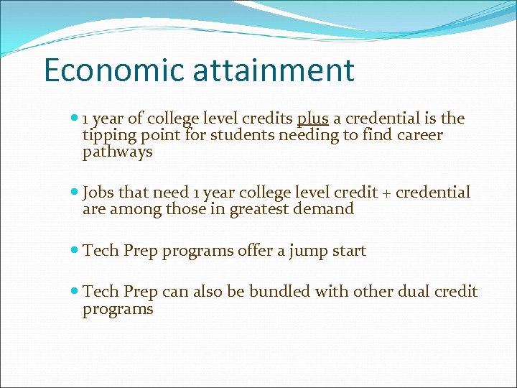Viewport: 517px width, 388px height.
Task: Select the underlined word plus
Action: point(312,119)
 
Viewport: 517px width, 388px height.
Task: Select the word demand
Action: point(328,209)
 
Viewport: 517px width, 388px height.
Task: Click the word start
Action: point(348,251)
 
